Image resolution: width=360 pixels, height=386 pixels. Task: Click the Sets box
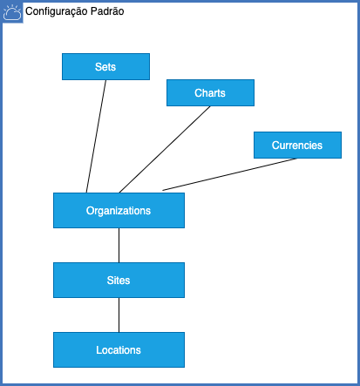[105, 66]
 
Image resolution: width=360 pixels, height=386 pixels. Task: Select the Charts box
[210, 92]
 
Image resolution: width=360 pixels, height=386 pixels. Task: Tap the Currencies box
[297, 145]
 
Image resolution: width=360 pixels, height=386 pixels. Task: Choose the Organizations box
[119, 210]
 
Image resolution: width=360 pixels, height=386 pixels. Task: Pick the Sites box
[119, 280]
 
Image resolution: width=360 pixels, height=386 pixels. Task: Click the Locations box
[119, 349]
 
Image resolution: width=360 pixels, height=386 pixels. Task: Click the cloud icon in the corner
[12, 12]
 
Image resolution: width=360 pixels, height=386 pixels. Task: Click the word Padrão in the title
[107, 11]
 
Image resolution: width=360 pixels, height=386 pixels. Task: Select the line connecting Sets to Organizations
[96, 136]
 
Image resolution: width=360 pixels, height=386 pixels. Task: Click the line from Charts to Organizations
[165, 149]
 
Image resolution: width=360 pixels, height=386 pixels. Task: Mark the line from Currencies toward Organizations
[230, 174]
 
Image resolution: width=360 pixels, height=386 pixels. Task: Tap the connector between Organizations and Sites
[119, 245]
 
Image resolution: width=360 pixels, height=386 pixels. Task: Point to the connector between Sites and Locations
[119, 315]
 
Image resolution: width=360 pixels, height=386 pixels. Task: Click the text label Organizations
[119, 211]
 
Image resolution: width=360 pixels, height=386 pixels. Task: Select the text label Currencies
[297, 146]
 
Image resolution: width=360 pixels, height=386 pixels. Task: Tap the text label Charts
[210, 93]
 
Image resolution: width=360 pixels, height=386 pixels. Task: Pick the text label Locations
[119, 350]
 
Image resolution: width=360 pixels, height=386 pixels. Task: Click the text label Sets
[105, 67]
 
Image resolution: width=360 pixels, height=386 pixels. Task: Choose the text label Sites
[119, 281]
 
